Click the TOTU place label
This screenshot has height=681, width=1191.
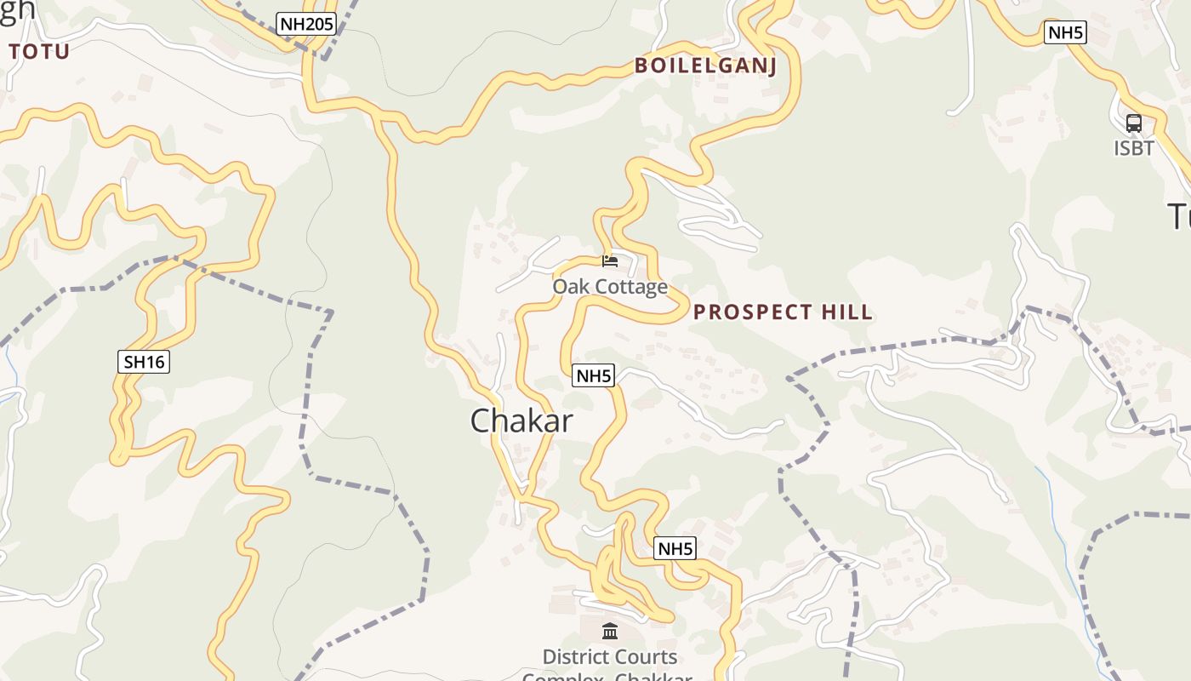(x=39, y=52)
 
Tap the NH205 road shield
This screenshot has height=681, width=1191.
(x=306, y=24)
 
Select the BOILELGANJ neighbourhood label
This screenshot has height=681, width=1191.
(x=705, y=66)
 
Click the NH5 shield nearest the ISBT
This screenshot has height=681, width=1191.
(x=1066, y=33)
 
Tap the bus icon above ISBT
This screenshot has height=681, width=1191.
(x=1134, y=123)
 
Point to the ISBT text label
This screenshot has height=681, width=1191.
(x=1134, y=148)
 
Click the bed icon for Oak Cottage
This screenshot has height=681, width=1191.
(x=610, y=260)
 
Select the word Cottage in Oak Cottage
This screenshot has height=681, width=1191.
(x=633, y=287)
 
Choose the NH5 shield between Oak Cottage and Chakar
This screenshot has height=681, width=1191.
(x=593, y=375)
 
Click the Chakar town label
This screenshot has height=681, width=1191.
(x=521, y=421)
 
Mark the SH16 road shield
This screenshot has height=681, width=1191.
(x=144, y=362)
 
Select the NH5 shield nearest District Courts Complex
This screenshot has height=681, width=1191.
(x=675, y=549)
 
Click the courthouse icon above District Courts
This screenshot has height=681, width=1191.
(x=610, y=631)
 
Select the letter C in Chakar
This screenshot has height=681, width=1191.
(x=482, y=421)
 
